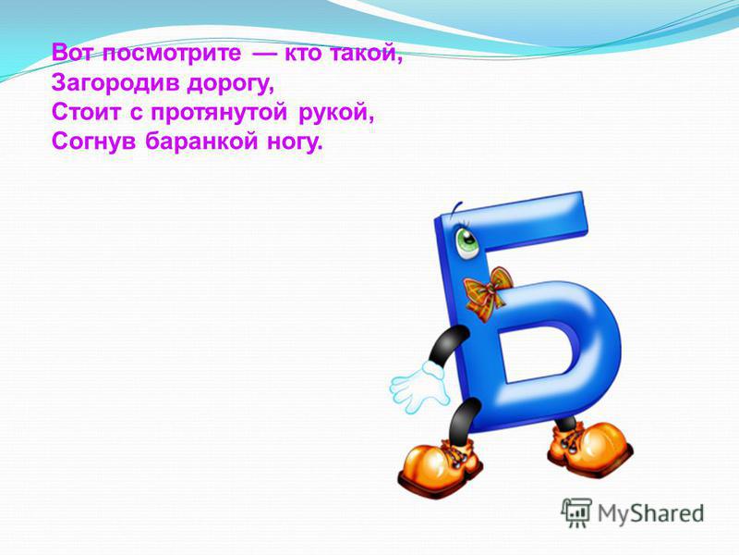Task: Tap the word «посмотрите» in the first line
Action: (x=172, y=53)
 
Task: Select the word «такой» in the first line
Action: (x=365, y=54)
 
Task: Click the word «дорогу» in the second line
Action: (x=230, y=84)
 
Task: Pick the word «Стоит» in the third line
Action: (x=86, y=112)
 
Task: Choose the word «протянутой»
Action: (x=219, y=114)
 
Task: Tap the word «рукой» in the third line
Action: (x=336, y=112)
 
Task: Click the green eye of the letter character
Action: (x=466, y=242)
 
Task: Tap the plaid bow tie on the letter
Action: (x=488, y=293)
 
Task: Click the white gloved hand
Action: (x=418, y=386)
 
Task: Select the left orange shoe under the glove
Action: (x=441, y=465)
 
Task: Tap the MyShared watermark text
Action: (x=650, y=514)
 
